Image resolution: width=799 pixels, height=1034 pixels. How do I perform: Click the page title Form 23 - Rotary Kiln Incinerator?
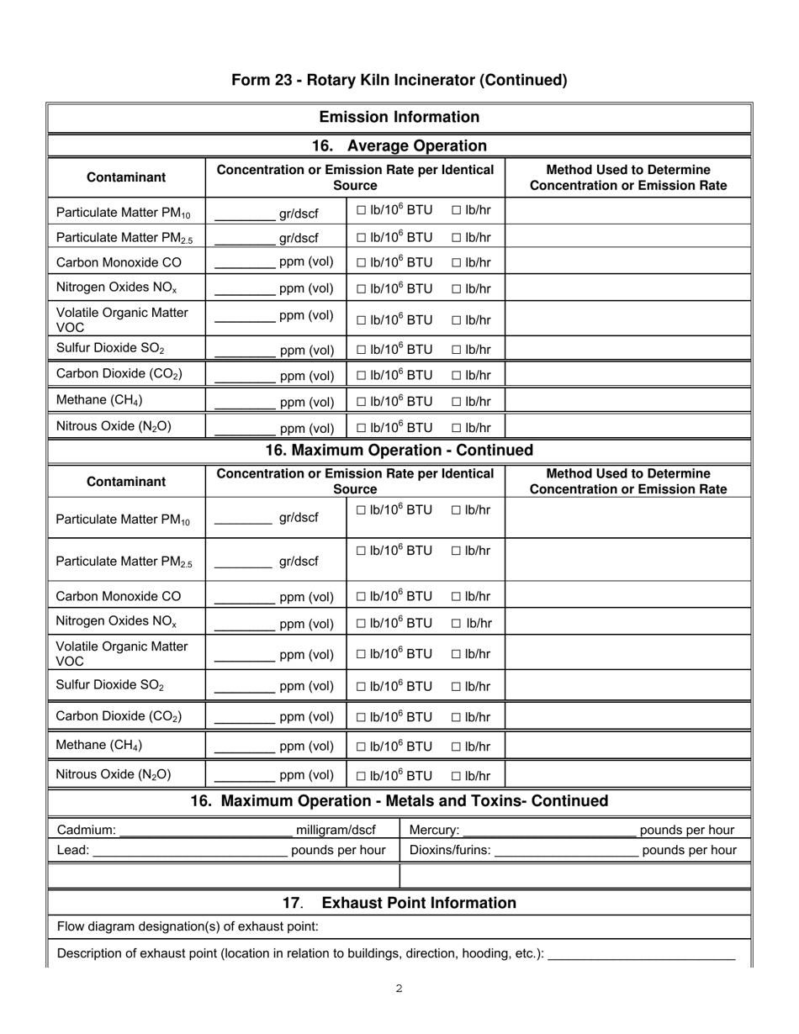pyautogui.click(x=399, y=80)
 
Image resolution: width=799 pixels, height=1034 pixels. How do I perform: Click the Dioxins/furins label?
pyautogui.click(x=450, y=850)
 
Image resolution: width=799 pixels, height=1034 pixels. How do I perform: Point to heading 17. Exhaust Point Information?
pyautogui.click(x=399, y=903)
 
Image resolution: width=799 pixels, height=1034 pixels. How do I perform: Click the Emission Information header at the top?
pyautogui.click(x=399, y=117)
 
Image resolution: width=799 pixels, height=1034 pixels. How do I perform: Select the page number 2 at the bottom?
pyautogui.click(x=399, y=989)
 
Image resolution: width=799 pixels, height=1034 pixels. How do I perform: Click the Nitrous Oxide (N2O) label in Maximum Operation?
pyautogui.click(x=114, y=774)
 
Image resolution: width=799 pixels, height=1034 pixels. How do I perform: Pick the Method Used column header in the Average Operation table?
pyautogui.click(x=627, y=177)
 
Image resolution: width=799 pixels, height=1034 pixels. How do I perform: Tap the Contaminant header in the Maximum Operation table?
pyautogui.click(x=126, y=482)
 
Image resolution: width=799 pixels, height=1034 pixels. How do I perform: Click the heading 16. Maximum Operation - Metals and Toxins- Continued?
pyautogui.click(x=399, y=801)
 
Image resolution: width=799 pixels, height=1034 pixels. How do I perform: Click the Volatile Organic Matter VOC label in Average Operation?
pyautogui.click(x=122, y=319)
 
